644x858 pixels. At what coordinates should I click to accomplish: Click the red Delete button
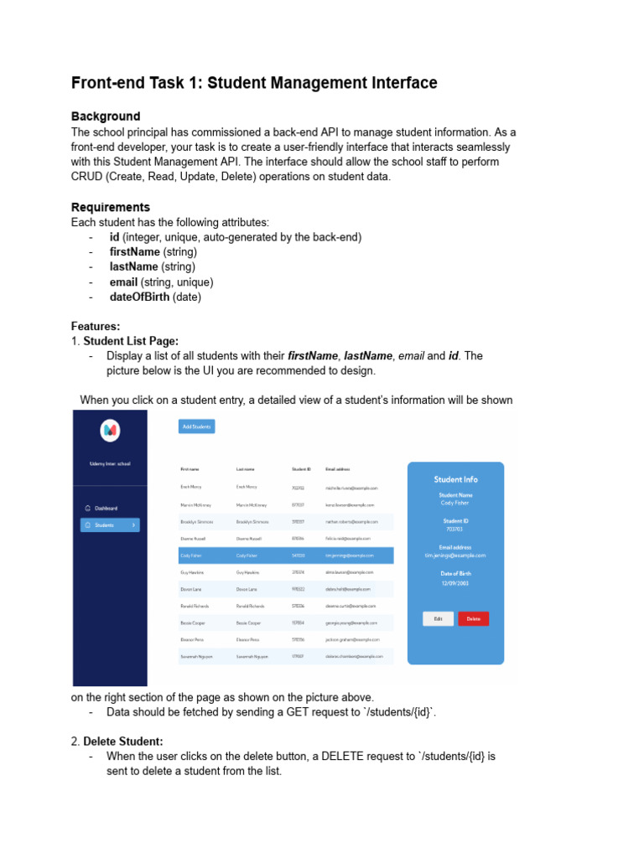click(473, 618)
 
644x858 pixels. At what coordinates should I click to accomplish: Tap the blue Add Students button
click(197, 426)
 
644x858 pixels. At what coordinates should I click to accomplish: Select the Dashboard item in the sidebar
click(106, 508)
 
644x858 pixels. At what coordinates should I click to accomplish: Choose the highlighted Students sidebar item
click(110, 525)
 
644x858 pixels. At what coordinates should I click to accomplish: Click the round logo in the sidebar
click(110, 431)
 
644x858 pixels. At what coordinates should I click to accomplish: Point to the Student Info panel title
click(455, 479)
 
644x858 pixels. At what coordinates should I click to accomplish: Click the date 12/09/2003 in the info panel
click(455, 581)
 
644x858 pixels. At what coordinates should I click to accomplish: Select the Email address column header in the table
click(338, 469)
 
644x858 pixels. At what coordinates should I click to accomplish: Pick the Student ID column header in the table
click(301, 469)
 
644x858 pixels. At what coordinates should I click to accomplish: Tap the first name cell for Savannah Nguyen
click(196, 656)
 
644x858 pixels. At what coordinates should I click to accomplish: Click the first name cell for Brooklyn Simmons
click(196, 521)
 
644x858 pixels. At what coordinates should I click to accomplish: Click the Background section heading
click(106, 116)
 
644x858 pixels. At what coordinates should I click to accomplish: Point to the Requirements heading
click(111, 207)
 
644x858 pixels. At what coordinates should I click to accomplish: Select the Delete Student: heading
click(123, 741)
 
